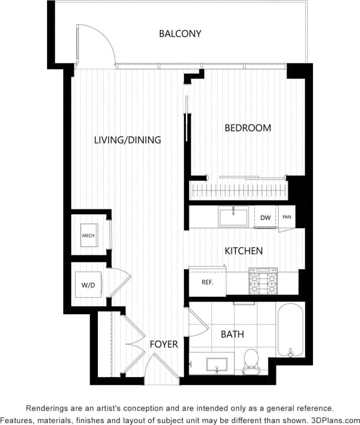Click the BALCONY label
coord(180,34)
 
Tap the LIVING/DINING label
coord(127,140)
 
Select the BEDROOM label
coord(247,128)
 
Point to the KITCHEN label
coord(244,251)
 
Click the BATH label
coord(232,335)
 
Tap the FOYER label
coord(163,345)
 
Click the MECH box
coord(89,236)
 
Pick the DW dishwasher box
coord(265,218)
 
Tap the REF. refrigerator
coord(207,282)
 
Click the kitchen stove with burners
coord(263,281)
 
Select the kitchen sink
coord(233,216)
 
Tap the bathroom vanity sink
coord(217,365)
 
